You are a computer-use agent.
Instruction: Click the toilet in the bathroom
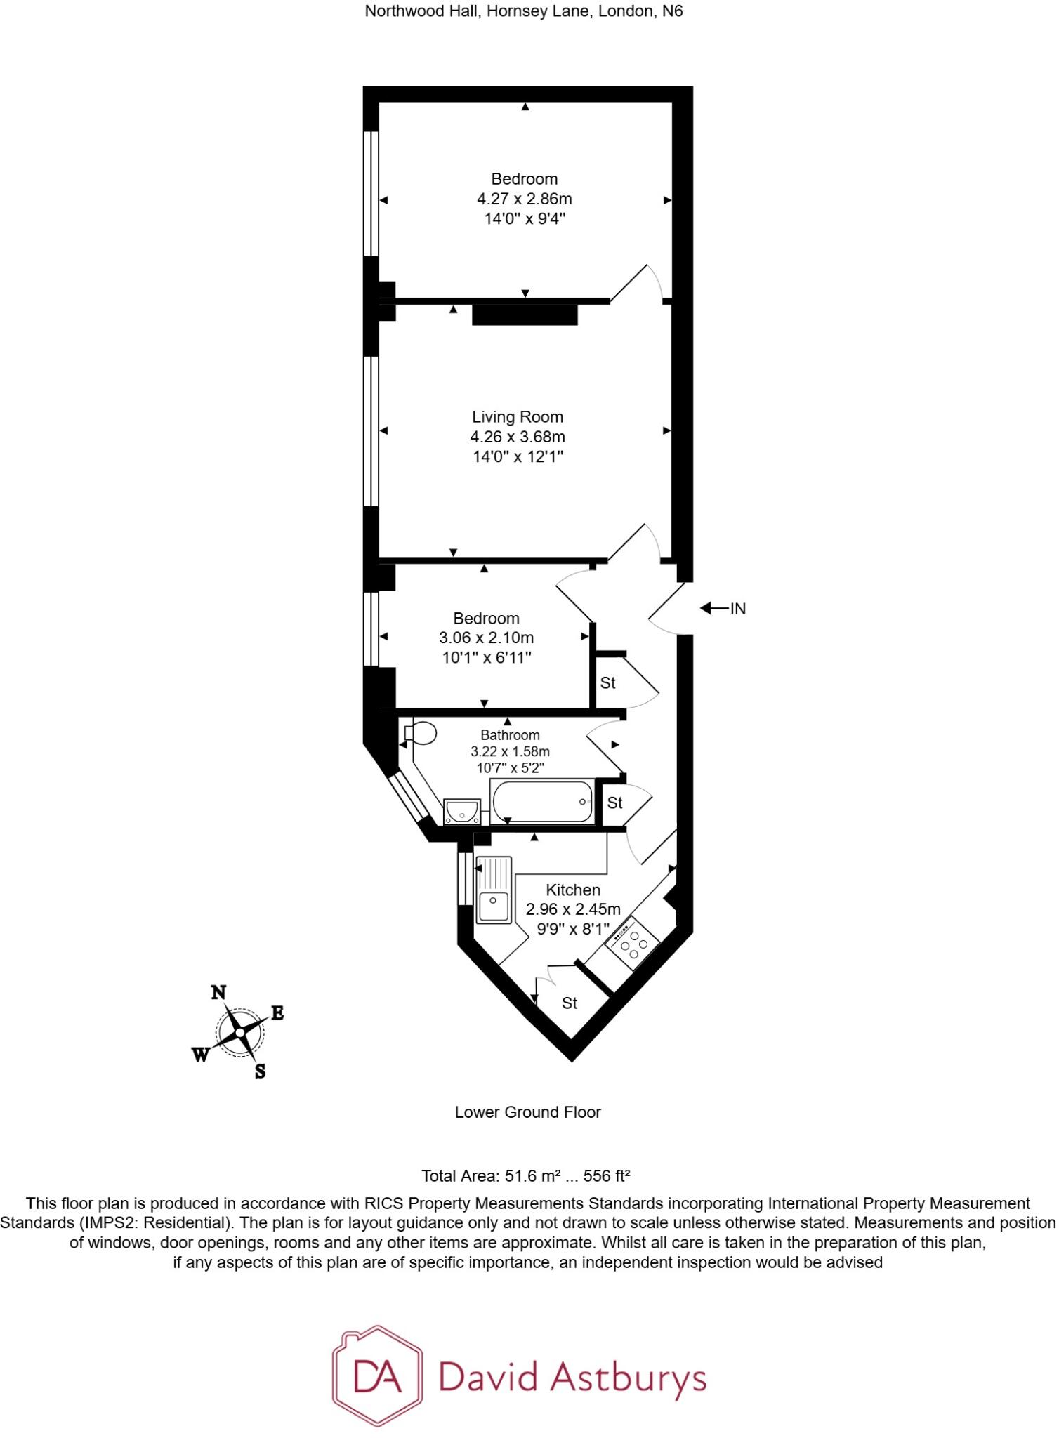(421, 734)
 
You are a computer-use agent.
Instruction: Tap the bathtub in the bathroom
(543, 801)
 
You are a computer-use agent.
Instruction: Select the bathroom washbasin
(462, 811)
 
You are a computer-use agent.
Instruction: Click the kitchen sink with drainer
(494, 890)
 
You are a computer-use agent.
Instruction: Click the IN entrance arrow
(723, 609)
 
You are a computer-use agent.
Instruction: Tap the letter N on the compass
(219, 993)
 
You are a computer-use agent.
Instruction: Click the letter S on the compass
(260, 1071)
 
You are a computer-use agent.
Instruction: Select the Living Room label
(518, 417)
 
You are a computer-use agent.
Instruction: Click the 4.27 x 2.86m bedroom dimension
(525, 199)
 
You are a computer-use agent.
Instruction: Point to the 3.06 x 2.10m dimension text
(486, 638)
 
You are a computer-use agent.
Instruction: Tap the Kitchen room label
(573, 890)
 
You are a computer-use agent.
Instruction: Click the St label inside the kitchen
(570, 1003)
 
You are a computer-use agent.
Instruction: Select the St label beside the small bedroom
(607, 682)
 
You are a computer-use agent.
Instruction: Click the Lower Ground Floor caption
(527, 1112)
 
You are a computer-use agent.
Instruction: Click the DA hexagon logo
(378, 1376)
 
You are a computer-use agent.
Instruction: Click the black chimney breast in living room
(525, 315)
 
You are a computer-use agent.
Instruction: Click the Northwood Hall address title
(523, 11)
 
